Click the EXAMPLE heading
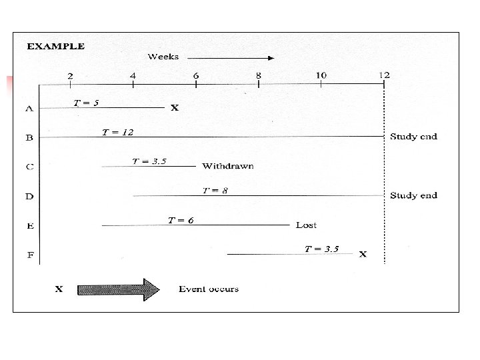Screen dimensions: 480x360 pos(55,47)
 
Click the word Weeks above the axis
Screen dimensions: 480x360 pos(163,57)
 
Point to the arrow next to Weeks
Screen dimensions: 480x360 pos(231,57)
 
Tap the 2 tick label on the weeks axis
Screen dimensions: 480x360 pos(71,75)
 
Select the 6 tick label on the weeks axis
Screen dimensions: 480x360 pos(196,75)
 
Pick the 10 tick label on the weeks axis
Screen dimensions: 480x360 pos(321,75)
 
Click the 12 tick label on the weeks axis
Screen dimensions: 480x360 pos(384,75)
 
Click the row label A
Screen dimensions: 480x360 pos(29,108)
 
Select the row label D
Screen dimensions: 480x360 pos(29,197)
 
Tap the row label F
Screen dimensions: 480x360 pos(29,255)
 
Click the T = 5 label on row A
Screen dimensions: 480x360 pos(86,103)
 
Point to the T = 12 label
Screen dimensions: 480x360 pos(117,132)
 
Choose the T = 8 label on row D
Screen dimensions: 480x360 pos(215,191)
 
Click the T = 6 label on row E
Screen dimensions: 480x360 pos(181,220)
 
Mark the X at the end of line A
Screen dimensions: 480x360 pos(175,108)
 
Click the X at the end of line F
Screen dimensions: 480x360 pos(363,255)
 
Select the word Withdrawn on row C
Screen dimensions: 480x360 pos(228,166)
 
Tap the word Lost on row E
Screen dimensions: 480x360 pos(306,225)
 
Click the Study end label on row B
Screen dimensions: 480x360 pos(413,137)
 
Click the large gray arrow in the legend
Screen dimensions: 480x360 pos(118,289)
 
